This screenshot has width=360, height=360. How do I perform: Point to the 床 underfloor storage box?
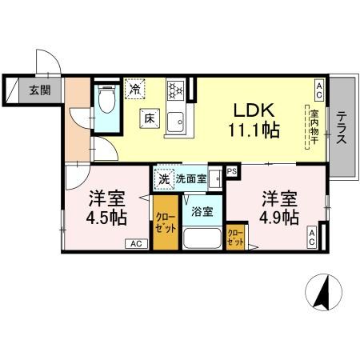[150, 118]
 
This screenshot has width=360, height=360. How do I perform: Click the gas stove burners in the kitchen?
[176, 91]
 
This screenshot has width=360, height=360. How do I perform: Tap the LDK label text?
[254, 109]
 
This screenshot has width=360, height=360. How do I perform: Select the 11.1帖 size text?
[254, 129]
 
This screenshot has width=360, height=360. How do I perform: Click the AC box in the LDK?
[318, 85]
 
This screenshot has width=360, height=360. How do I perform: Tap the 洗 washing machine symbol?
[164, 179]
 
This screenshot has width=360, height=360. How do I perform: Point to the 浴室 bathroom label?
[202, 212]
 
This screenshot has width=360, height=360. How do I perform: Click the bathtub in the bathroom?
[203, 238]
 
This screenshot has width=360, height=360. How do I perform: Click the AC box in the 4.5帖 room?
[134, 244]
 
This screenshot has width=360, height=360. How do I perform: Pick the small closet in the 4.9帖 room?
[237, 237]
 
